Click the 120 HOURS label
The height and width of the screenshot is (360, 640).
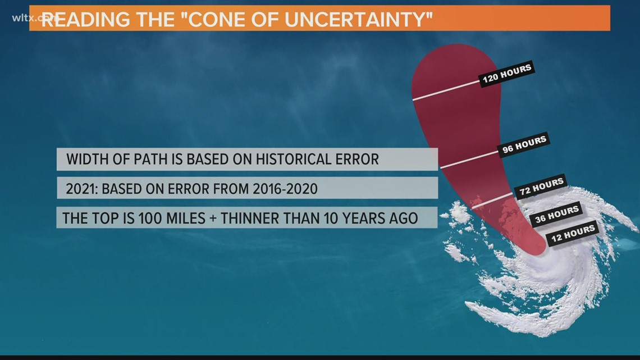(x=507, y=74)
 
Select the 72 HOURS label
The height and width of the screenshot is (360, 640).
(x=541, y=187)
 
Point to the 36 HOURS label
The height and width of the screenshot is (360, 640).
(x=556, y=215)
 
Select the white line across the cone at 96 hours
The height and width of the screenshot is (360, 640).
(x=467, y=160)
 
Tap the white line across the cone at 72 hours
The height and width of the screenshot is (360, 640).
(x=491, y=201)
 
